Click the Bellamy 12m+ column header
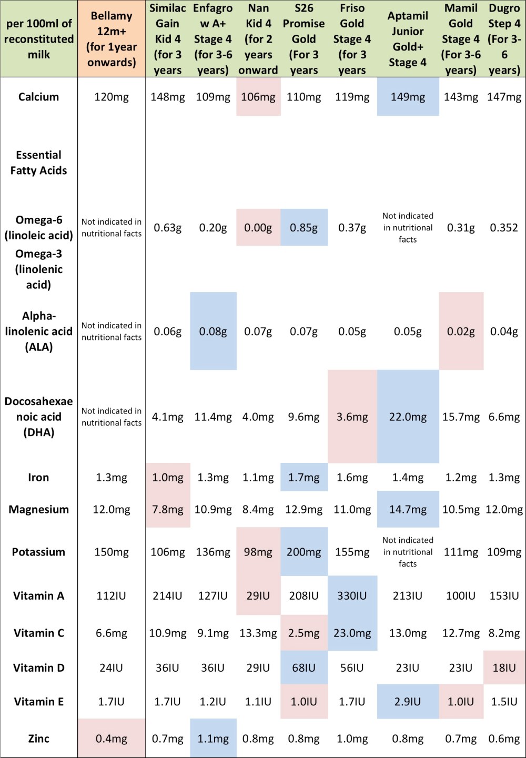tap(112, 39)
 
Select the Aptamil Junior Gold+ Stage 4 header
tap(408, 39)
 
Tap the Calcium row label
tap(38, 97)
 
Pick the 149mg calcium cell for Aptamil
tap(408, 97)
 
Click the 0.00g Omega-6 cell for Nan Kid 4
tap(258, 228)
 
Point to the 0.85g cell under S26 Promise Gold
tap(304, 228)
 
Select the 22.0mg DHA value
tap(408, 417)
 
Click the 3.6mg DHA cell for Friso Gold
tap(352, 417)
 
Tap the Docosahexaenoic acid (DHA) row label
tap(38, 417)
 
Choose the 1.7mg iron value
tap(304, 478)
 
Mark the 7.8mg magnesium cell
tap(167, 510)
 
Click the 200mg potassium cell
tap(304, 552)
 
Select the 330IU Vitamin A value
tap(352, 596)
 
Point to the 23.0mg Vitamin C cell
tap(352, 633)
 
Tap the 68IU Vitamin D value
tap(304, 668)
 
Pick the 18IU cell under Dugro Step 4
tap(504, 668)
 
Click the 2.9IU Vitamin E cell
tap(408, 702)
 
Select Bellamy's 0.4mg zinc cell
tap(112, 739)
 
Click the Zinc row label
tap(38, 739)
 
